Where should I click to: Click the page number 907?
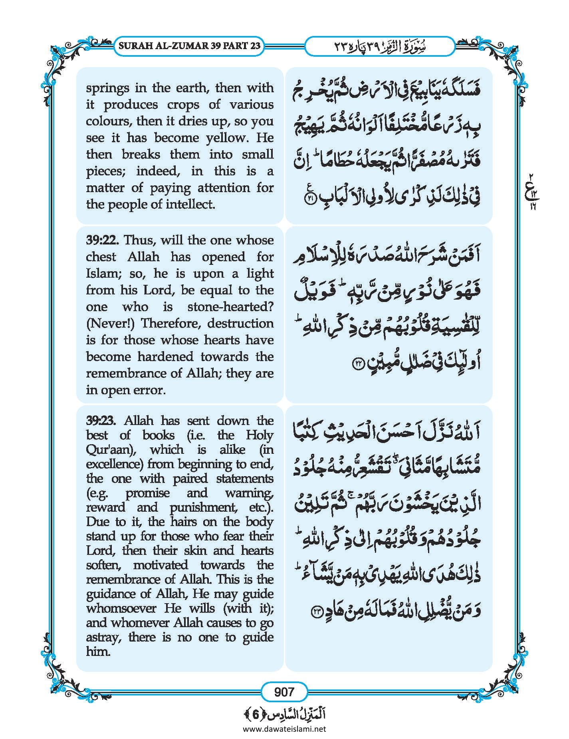(284, 691)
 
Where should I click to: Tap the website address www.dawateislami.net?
(284, 729)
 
